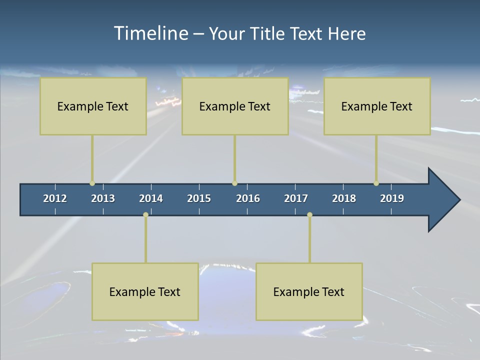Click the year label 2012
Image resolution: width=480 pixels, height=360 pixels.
[55, 198]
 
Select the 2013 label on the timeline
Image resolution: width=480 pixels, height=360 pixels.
[103, 198]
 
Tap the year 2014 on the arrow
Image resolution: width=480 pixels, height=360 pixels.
[151, 198]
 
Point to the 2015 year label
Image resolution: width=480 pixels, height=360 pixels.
[199, 198]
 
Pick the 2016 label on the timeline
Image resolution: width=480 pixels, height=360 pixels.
[248, 198]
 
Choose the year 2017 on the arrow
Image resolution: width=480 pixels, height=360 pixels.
[296, 198]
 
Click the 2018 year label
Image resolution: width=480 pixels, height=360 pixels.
[344, 198]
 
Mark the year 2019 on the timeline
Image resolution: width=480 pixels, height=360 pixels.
[392, 198]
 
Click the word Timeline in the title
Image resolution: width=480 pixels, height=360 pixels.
[150, 33]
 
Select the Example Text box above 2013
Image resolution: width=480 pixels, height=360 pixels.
[93, 106]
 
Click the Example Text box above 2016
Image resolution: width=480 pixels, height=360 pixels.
[235, 106]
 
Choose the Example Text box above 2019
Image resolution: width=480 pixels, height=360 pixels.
[377, 106]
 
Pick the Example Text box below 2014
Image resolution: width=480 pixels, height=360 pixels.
[145, 291]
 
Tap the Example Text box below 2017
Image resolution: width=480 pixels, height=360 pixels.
[309, 291]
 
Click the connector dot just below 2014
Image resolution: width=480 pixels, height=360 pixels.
[145, 215]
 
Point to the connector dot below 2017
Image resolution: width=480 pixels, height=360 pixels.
[309, 215]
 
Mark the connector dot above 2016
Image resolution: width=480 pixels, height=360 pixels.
[234, 183]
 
